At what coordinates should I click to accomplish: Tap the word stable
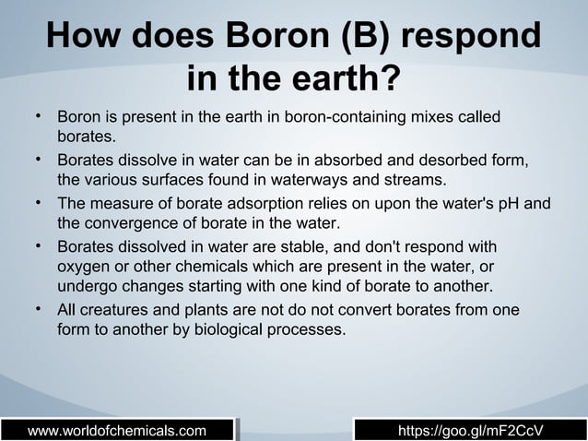(x=322, y=248)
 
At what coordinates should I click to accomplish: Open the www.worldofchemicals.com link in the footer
(x=117, y=431)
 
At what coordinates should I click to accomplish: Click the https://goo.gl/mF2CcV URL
(x=469, y=431)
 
